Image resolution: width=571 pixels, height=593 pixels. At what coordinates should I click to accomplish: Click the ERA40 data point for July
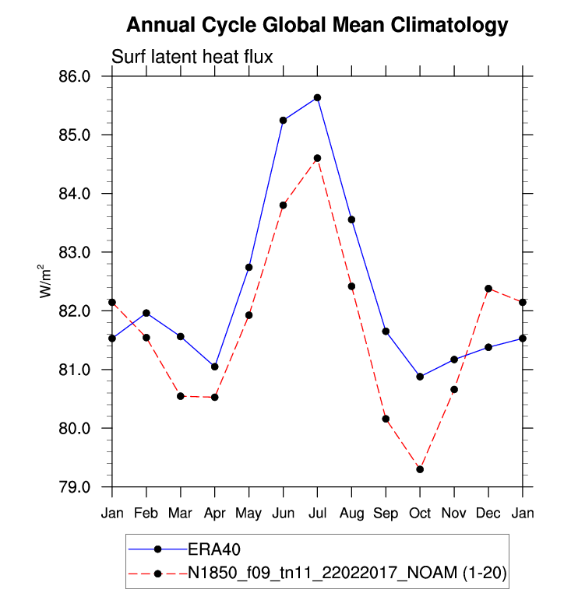(x=318, y=97)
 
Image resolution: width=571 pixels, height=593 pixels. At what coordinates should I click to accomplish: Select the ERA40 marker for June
(x=284, y=120)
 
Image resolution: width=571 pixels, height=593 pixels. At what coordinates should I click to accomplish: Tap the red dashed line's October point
(x=420, y=469)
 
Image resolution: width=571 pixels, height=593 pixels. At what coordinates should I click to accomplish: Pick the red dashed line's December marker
(x=488, y=289)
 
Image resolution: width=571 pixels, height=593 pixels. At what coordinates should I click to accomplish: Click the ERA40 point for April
(x=214, y=367)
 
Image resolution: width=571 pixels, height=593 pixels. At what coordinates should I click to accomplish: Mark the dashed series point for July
(x=318, y=158)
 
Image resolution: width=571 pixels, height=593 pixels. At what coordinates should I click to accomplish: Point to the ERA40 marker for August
(x=351, y=219)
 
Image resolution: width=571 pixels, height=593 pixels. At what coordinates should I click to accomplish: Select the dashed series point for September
(x=386, y=419)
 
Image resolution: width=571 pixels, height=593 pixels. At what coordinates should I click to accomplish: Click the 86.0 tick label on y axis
(x=76, y=76)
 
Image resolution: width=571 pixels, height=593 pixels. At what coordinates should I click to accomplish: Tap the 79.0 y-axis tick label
(x=76, y=487)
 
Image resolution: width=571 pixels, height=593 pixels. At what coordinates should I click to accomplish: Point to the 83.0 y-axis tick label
(x=76, y=252)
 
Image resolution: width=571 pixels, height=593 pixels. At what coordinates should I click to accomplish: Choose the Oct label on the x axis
(x=420, y=514)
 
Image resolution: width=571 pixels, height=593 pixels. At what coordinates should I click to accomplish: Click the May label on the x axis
(x=248, y=514)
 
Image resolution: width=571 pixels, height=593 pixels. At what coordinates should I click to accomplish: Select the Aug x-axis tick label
(x=351, y=514)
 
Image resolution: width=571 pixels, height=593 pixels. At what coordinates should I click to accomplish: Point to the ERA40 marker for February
(x=146, y=313)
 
